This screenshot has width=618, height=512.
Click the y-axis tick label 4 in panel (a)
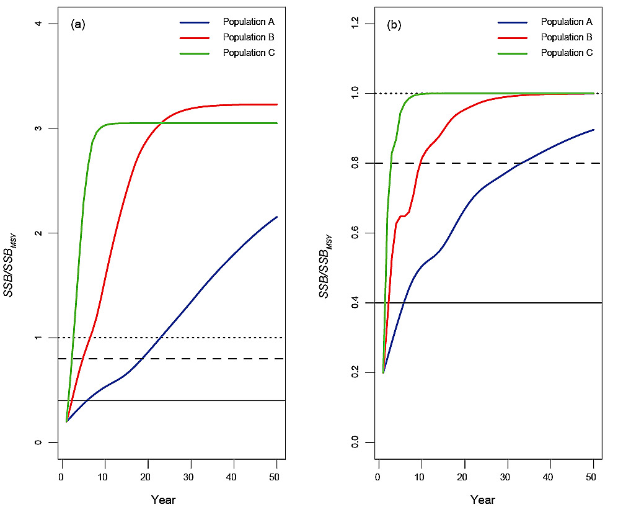(38, 24)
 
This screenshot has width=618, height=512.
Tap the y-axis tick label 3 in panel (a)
(38, 128)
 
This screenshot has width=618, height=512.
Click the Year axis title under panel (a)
(163, 499)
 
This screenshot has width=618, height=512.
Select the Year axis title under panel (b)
(482, 499)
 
